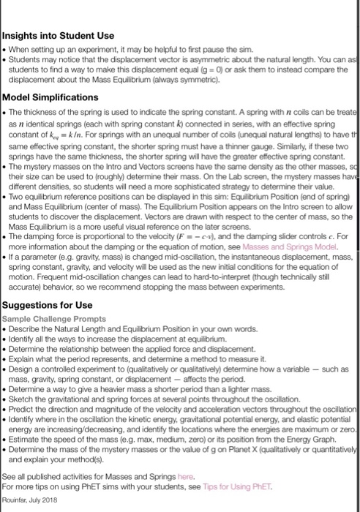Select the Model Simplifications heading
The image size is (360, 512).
point(50,97)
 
